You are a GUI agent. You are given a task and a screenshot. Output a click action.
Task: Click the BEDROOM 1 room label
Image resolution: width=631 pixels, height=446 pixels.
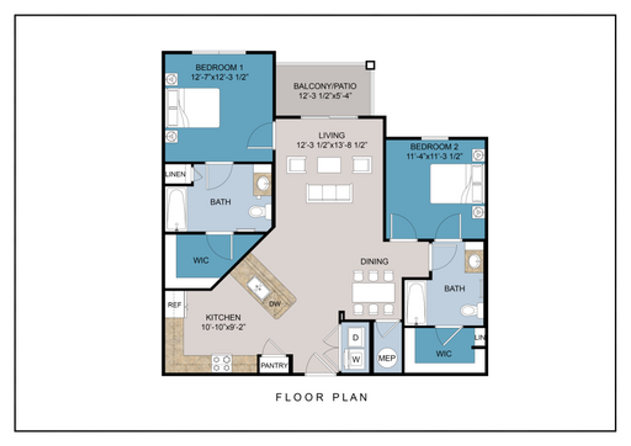point(219,67)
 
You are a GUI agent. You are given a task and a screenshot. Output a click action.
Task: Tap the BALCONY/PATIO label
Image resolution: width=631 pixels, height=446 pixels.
point(325,86)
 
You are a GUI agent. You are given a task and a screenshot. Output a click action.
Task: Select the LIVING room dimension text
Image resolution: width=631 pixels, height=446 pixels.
point(332,145)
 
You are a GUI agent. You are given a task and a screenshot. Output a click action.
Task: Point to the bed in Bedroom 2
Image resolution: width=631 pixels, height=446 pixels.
point(453,184)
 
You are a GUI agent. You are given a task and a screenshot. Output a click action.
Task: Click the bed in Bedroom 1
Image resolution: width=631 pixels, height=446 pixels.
point(193,108)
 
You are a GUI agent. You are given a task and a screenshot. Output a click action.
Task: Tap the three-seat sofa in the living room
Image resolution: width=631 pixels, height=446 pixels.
point(329,193)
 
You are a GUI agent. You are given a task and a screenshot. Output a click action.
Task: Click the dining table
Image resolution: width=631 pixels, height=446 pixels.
point(373,292)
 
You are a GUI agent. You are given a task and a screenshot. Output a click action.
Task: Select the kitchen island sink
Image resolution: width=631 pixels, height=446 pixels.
point(258,287)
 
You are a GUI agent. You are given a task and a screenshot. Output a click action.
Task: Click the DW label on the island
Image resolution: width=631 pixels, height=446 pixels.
point(275,304)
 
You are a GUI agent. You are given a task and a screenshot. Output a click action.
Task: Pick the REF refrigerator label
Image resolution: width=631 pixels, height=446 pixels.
point(174,305)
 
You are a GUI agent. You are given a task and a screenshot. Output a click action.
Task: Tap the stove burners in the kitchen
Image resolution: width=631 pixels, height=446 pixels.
point(221,363)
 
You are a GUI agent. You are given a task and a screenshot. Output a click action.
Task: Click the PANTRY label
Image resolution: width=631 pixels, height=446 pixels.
point(274,365)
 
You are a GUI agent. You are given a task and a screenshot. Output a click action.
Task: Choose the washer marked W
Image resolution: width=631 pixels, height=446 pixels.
point(356,359)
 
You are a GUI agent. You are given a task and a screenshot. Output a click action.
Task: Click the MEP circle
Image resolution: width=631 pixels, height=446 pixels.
point(387,358)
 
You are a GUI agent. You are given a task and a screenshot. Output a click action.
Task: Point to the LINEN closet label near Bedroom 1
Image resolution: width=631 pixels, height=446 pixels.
point(176,174)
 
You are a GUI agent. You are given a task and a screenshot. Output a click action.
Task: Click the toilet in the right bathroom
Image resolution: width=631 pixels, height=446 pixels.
point(471,310)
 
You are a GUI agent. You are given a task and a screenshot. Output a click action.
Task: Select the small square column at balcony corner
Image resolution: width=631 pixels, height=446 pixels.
point(370,65)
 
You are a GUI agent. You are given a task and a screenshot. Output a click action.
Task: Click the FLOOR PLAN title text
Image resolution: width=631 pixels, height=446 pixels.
point(321,397)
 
